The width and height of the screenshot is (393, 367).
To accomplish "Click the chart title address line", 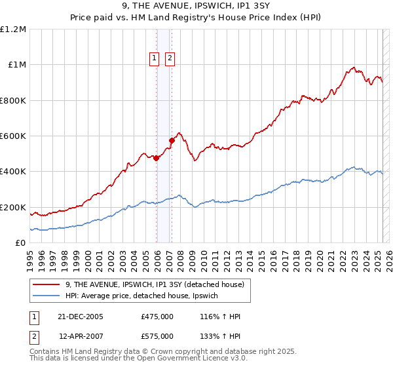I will pos(196,7).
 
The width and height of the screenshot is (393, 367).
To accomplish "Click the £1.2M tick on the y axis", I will pos(13,29).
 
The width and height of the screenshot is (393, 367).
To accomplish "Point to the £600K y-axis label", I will pos(13,136).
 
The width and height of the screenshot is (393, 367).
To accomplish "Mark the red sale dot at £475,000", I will pos(157,158).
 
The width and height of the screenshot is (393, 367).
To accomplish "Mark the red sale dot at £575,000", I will pos(172,140).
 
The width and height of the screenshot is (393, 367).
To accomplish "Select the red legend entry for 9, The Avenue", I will pos(155,284).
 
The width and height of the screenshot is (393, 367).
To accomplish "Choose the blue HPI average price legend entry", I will pos(145,296).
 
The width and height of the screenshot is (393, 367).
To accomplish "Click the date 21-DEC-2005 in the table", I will pos(81,317).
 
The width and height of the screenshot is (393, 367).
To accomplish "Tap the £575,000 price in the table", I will pos(157,336).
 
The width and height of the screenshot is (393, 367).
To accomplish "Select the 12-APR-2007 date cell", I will pos(81,336).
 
